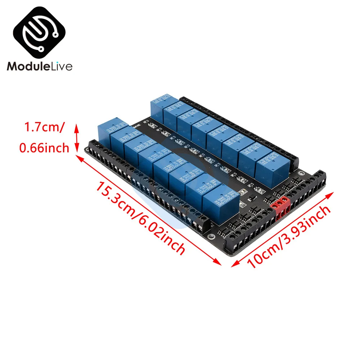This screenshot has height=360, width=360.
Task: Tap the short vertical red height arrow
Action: pos(76,137)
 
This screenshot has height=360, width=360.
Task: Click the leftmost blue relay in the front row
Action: pos(112,130)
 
